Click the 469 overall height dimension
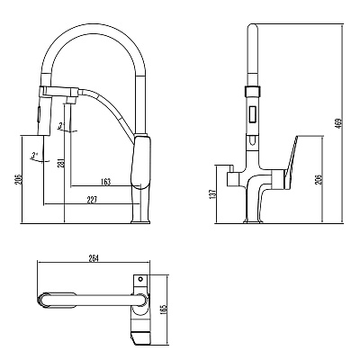[x=338, y=124]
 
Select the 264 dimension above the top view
[x=94, y=258]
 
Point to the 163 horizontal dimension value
[x=105, y=182]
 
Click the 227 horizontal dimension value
[x=92, y=200]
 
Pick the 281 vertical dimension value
[x=60, y=164]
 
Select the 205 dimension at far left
[x=18, y=179]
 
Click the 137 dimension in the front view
[x=212, y=194]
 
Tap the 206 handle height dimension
[x=319, y=179]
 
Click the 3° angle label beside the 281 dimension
[x=61, y=126]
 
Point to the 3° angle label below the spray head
[x=34, y=156]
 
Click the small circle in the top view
[x=139, y=279]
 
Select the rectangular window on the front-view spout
[x=253, y=114]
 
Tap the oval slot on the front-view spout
[x=253, y=139]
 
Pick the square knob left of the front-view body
[x=233, y=179]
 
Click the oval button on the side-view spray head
[x=39, y=114]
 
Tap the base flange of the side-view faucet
[x=140, y=221]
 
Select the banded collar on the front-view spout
[x=253, y=91]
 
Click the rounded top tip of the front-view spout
[x=253, y=27]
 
